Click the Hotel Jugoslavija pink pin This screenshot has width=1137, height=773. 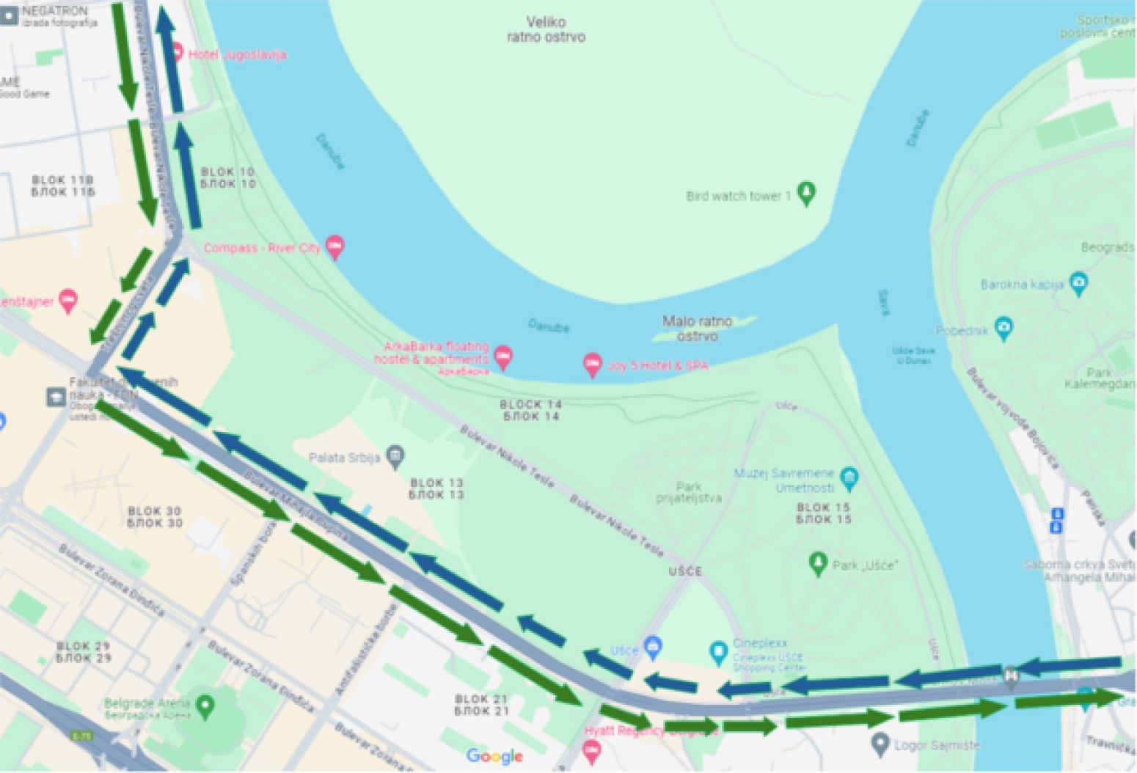[x=177, y=53]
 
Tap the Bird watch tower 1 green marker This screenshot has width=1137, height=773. [x=806, y=193]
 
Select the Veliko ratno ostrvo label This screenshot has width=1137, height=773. [x=546, y=29]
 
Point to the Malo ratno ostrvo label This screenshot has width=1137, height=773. [x=697, y=328]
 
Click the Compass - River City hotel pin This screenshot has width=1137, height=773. [x=334, y=246]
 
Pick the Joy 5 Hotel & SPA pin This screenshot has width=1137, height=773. [x=592, y=364]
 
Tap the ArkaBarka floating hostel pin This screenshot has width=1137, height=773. [x=502, y=357]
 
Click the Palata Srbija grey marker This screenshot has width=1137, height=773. [x=395, y=456]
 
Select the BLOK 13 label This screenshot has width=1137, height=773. [x=436, y=488]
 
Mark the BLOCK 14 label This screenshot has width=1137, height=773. [x=530, y=410]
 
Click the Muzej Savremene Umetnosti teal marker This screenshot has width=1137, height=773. [x=849, y=478]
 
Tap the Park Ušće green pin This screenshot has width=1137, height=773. [x=818, y=563]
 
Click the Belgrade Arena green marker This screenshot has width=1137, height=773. [x=205, y=706]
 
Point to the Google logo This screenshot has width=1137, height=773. [x=494, y=756]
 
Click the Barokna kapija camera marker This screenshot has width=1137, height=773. [x=1078, y=283]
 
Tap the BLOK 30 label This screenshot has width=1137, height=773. [x=154, y=516]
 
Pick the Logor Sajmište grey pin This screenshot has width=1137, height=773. [x=880, y=744]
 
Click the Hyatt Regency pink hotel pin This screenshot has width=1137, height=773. [x=591, y=750]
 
